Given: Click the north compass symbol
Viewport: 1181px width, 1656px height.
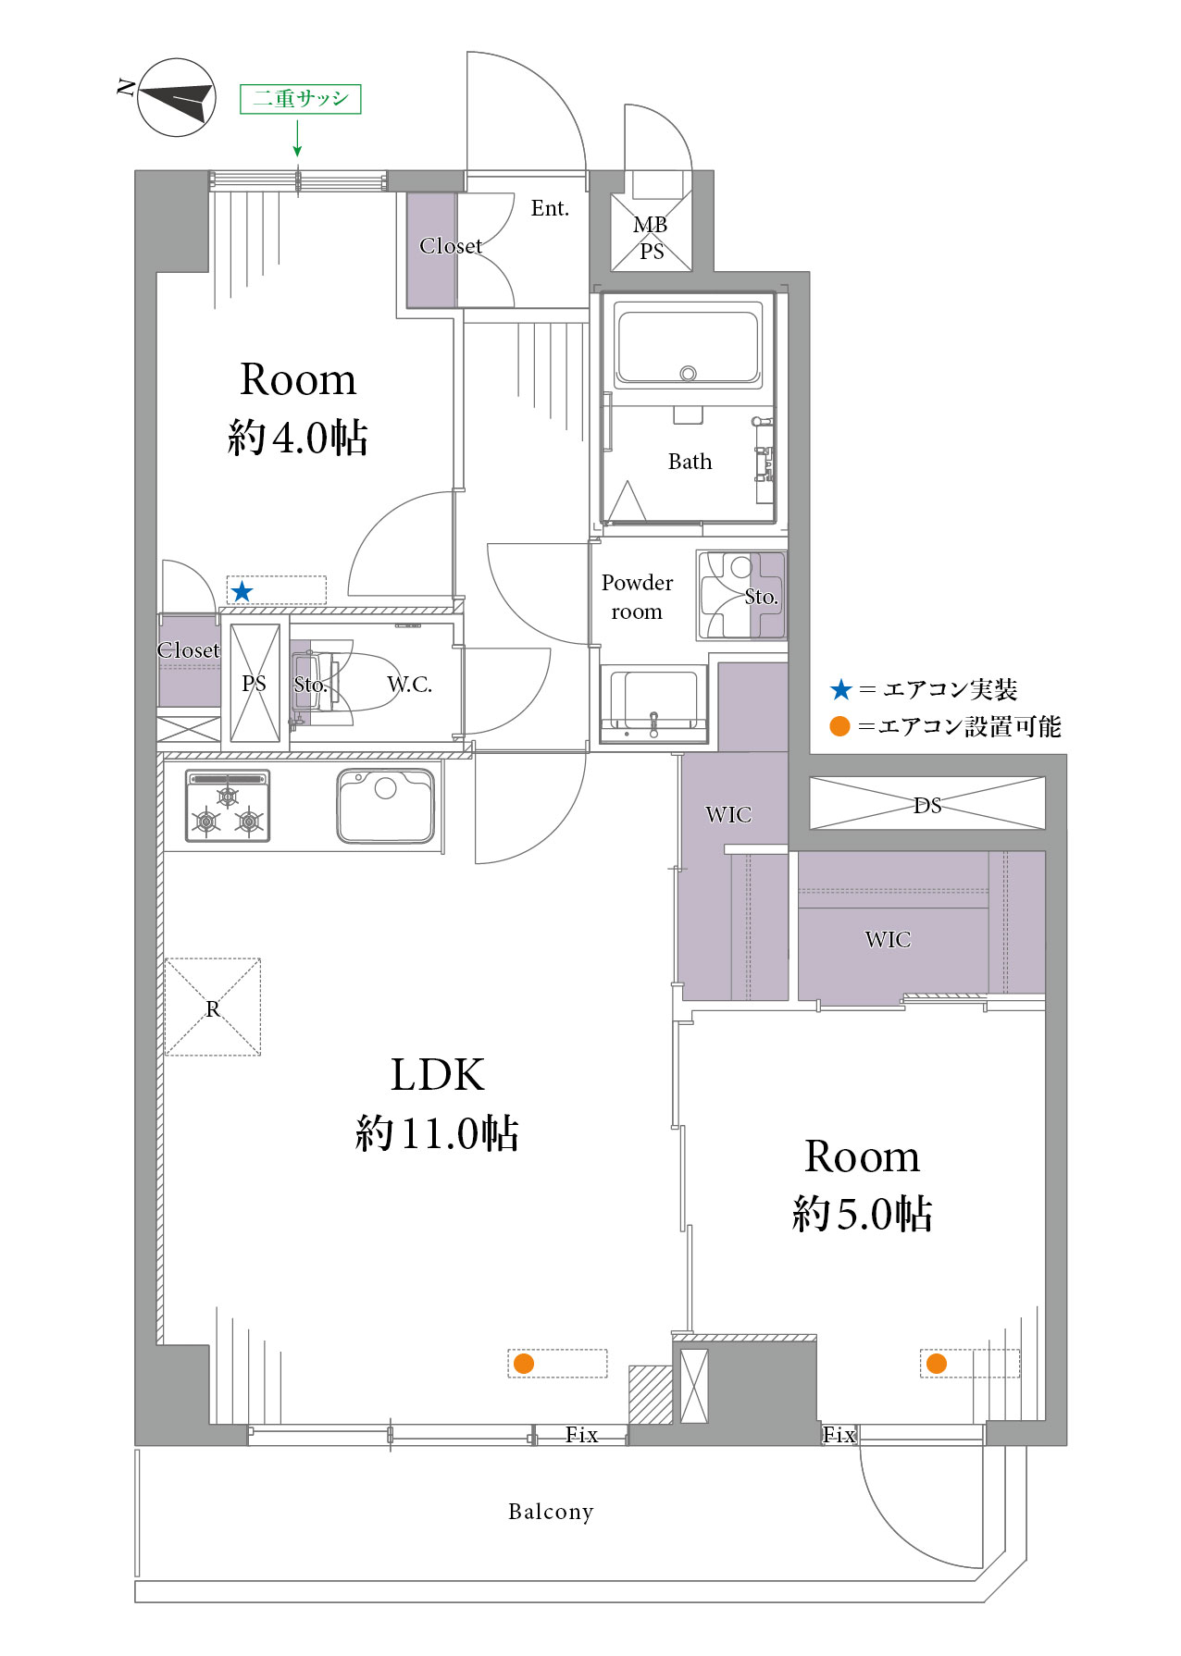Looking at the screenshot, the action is (177, 97).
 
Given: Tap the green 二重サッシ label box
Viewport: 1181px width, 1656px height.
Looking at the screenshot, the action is (300, 99).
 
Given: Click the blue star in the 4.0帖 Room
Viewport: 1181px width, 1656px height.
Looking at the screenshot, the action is (242, 591).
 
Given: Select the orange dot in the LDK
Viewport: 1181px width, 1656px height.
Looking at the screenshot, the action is (524, 1363).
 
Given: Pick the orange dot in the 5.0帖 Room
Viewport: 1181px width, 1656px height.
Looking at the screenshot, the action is (937, 1363).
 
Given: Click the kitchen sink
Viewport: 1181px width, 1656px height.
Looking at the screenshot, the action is (385, 806).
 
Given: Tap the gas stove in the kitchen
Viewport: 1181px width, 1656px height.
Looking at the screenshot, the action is (228, 806).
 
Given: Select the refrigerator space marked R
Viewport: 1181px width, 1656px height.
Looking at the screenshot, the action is (213, 1007).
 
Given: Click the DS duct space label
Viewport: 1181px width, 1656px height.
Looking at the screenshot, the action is (927, 805).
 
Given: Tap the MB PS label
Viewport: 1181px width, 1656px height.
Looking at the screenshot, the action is (651, 238).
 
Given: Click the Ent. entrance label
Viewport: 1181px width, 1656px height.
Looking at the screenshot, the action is (550, 208).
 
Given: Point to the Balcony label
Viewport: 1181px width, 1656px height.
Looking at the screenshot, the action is (551, 1512).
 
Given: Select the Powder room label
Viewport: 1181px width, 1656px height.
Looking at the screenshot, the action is (637, 597).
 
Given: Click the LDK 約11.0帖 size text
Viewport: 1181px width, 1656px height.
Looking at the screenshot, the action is (437, 1133).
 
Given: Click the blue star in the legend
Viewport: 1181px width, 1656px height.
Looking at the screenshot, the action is (840, 689).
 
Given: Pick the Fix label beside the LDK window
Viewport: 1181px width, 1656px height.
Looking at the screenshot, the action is (581, 1435).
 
